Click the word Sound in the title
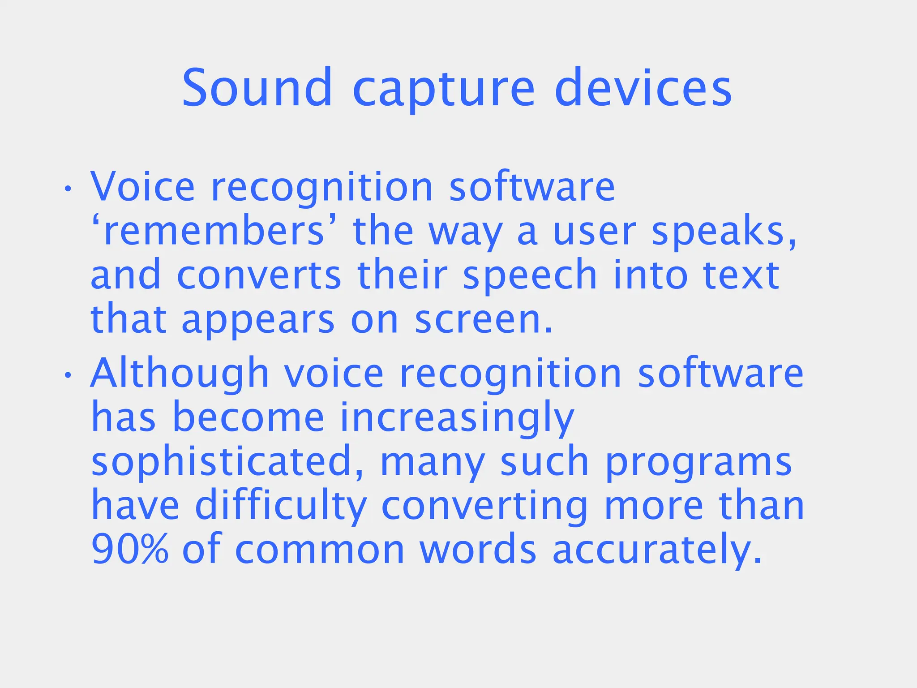[x=257, y=88]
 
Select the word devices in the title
[x=643, y=88]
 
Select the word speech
[x=530, y=276]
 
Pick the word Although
[x=180, y=373]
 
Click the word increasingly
[x=457, y=418]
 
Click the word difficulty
[x=281, y=506]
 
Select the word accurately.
[x=657, y=550]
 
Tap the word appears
[x=258, y=321]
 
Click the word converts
[x=259, y=275]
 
